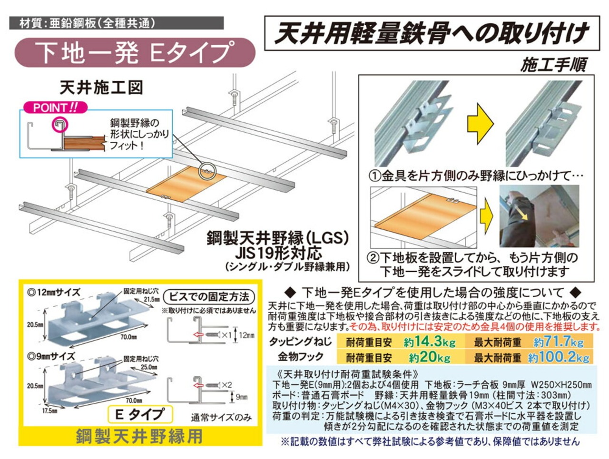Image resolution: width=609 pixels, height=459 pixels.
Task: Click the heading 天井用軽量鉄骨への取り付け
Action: click(x=431, y=33)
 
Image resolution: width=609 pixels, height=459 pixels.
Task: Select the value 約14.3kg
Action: click(x=430, y=342)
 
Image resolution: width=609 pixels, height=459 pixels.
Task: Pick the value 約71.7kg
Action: click(x=558, y=342)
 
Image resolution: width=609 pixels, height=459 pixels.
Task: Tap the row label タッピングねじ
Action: click(x=300, y=342)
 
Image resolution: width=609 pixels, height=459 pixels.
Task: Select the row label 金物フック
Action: click(x=301, y=357)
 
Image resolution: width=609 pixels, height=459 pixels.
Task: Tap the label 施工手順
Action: click(x=553, y=65)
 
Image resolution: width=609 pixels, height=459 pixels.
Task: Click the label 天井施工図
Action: click(x=101, y=88)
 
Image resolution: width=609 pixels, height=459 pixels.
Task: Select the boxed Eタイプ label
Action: click(x=139, y=414)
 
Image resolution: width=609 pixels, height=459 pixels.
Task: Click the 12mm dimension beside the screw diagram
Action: click(x=246, y=335)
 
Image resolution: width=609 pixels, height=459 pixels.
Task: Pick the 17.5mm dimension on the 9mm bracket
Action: click(x=48, y=410)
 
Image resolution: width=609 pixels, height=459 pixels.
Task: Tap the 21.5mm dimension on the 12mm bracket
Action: click(x=151, y=299)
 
